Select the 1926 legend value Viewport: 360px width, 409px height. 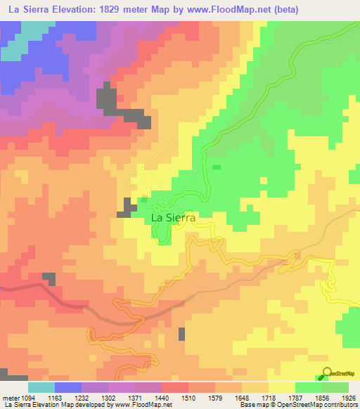[x=348, y=397]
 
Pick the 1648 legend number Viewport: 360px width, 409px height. [x=243, y=397]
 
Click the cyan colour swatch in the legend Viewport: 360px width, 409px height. [x=41, y=387]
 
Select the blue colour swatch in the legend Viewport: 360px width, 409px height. [x=67, y=387]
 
